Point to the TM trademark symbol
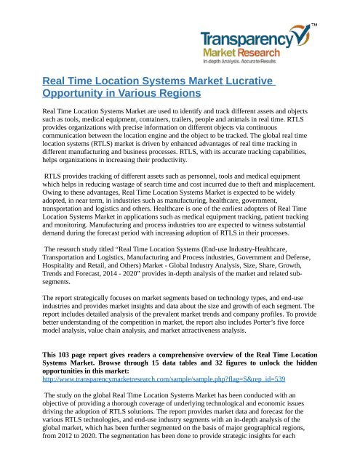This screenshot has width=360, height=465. [x=335, y=28]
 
